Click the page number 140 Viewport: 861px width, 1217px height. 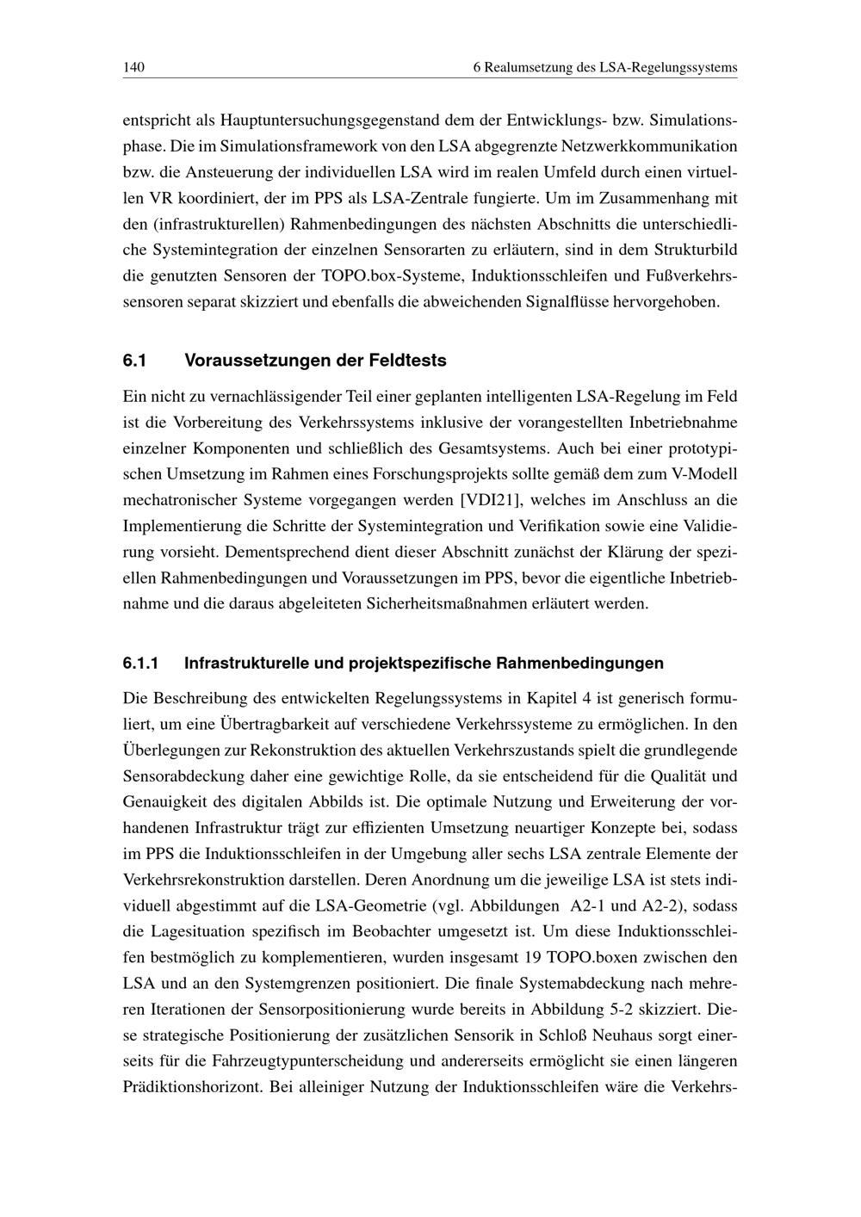coord(133,67)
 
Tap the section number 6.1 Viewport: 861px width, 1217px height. coord(134,361)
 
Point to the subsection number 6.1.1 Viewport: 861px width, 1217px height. coord(141,663)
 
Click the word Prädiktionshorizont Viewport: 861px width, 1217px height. coord(192,1086)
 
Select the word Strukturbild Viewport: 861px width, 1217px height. coord(696,250)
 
